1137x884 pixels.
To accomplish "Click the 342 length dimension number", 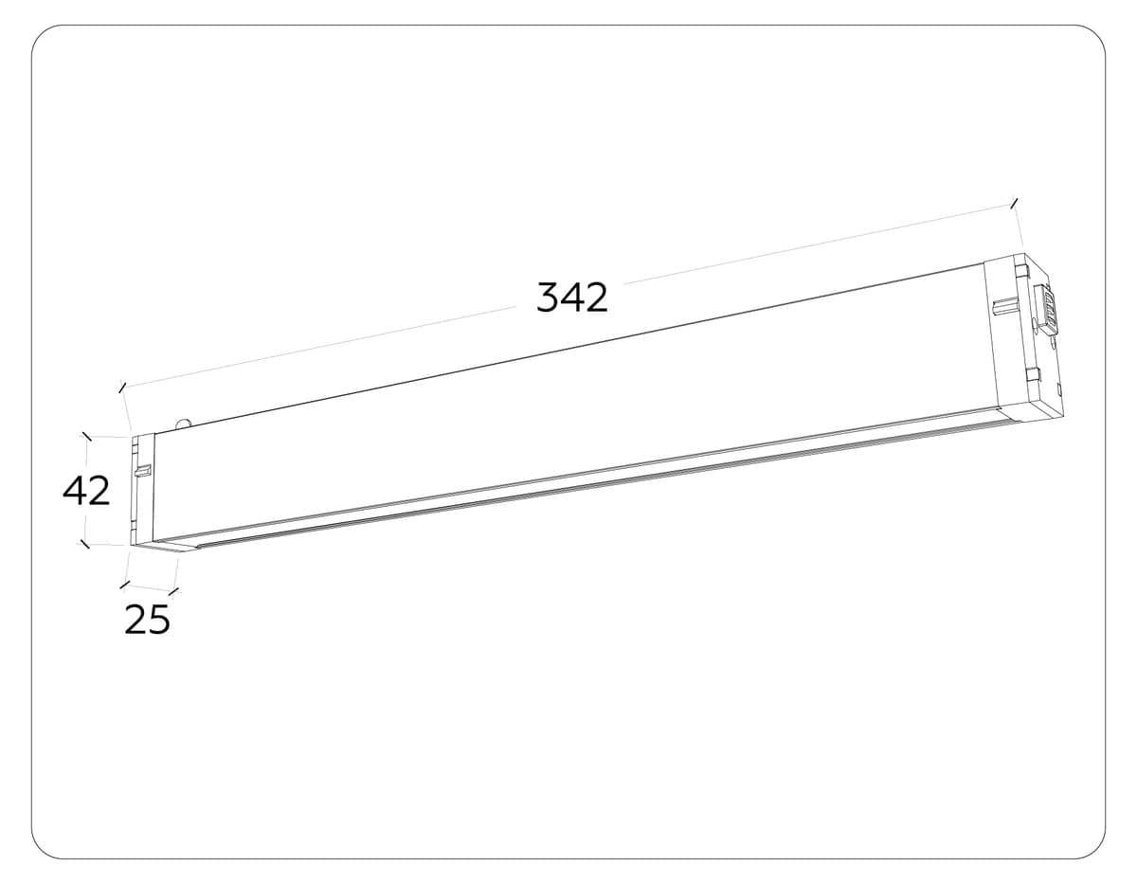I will tap(571, 298).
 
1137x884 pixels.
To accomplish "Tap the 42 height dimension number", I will tap(86, 492).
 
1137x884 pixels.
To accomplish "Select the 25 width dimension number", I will tap(148, 620).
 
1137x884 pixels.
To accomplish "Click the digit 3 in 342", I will tap(549, 298).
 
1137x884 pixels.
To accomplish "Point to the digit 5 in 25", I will tap(159, 620).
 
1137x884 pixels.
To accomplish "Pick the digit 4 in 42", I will tap(75, 492).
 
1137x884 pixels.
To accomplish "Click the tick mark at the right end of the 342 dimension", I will tap(1016, 202).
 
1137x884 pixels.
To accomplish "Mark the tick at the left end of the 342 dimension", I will tap(121, 387).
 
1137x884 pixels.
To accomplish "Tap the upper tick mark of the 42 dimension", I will tap(87, 436).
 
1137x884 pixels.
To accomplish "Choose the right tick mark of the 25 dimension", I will tap(172, 593).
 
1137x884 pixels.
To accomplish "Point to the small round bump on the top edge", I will tap(183, 424).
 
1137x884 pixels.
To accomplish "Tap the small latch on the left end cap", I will tap(143, 471).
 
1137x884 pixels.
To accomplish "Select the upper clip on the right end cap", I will tap(1020, 272).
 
